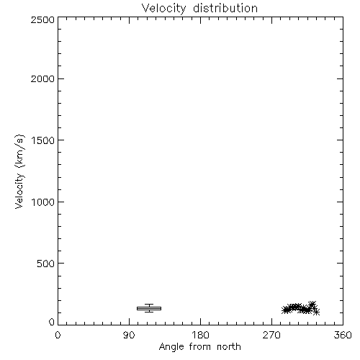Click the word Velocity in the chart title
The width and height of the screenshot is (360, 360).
point(163,9)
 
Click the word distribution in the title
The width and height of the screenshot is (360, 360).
point(225,8)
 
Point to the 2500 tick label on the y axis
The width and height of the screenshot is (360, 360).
point(42,19)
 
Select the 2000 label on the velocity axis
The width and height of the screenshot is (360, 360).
point(42,78)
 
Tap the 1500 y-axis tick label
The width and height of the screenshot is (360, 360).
point(43,140)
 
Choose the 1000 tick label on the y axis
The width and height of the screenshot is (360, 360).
point(43,202)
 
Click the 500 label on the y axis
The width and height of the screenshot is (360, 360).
point(45,264)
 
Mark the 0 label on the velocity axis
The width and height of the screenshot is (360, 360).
point(52,322)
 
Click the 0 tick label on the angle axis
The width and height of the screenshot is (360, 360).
point(58,335)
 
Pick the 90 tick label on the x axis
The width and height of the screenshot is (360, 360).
point(129,335)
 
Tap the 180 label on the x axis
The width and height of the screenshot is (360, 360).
point(200,335)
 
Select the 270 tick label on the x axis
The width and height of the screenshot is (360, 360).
point(271,335)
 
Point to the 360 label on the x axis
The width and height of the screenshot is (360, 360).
point(343,335)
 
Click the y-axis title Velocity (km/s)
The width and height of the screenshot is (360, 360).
point(19,171)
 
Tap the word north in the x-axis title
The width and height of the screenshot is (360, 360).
point(229,347)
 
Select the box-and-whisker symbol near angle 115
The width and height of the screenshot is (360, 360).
point(149,308)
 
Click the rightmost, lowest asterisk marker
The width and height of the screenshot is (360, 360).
point(316,312)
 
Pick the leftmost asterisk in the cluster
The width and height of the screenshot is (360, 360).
point(285,310)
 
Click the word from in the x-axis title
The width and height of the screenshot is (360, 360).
point(200,347)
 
